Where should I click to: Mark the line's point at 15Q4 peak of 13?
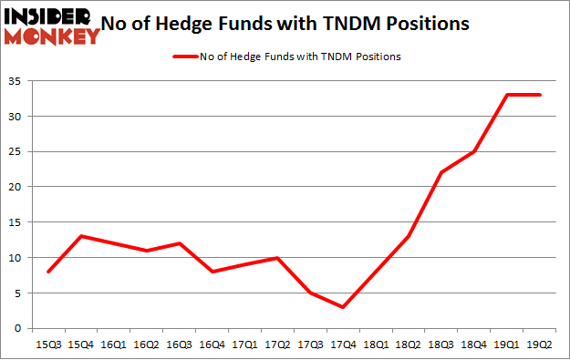[x=83, y=236]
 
